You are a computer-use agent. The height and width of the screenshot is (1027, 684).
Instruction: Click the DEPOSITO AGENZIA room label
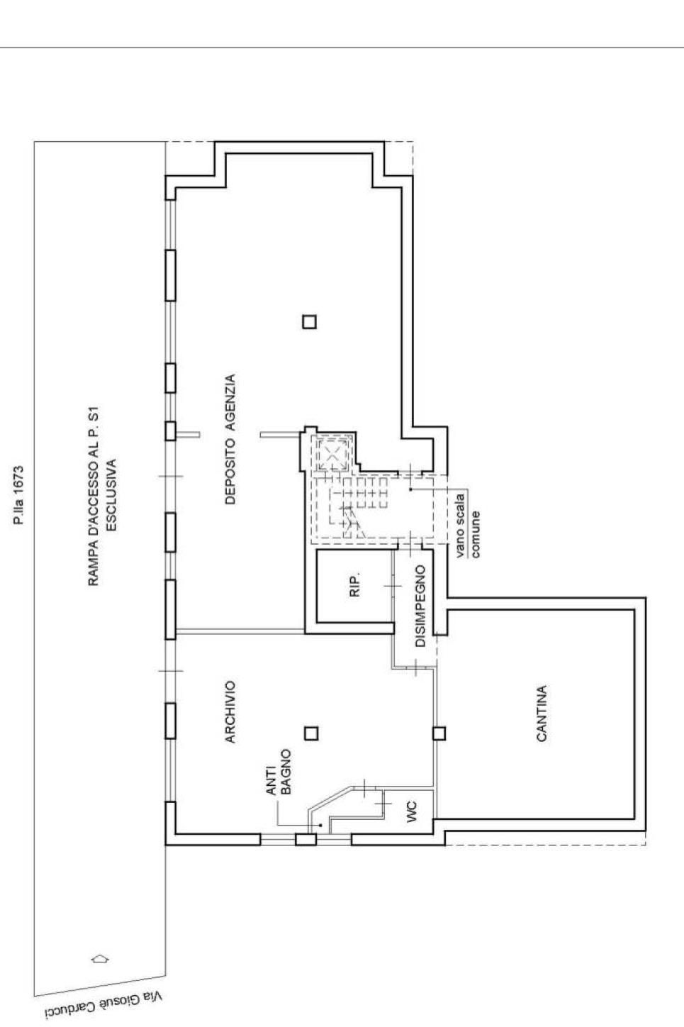(230, 439)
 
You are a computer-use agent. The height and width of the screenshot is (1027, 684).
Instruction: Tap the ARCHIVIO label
(230, 711)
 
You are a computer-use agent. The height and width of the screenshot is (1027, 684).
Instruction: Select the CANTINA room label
(542, 714)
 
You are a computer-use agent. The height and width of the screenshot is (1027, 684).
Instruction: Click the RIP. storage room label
(355, 585)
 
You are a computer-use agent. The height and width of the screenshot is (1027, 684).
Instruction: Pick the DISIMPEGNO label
(420, 606)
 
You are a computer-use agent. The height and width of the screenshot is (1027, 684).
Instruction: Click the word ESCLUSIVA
(111, 494)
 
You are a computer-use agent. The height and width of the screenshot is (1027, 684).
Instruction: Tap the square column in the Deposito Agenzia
(309, 322)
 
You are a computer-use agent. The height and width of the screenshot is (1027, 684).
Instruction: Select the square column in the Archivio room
(311, 733)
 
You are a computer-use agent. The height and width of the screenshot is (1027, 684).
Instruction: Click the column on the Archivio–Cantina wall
(439, 733)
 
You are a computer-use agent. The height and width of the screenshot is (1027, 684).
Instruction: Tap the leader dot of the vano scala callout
(410, 489)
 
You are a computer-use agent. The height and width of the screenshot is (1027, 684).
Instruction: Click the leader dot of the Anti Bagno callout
(321, 825)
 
